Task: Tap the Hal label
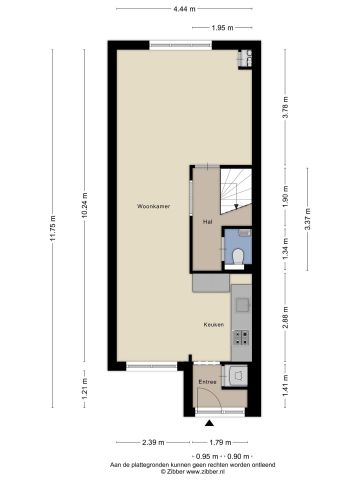tap(206, 221)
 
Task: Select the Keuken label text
tap(213, 325)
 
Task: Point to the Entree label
tap(207, 381)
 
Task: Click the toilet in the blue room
tap(235, 258)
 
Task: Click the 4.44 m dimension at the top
tap(180, 9)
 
